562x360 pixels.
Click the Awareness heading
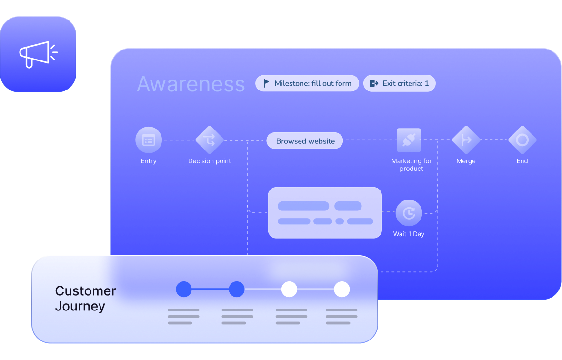coord(191,84)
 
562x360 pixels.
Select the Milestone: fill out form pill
coord(307,83)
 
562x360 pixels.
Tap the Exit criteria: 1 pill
coord(399,83)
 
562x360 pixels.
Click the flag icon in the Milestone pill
coord(267,83)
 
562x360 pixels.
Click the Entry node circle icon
coord(149,140)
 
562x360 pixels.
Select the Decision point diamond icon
coord(210,140)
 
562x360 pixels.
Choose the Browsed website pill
coord(305,141)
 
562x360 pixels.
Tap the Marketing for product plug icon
coord(409,140)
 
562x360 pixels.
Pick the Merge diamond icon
coord(466,140)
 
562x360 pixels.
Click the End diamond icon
coord(522,140)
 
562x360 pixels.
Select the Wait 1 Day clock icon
coord(409,213)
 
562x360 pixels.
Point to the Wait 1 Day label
coord(409,234)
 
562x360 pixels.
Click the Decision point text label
coord(210,161)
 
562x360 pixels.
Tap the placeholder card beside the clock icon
coord(325,213)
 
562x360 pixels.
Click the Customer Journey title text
coord(86,298)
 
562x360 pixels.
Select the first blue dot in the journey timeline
coord(184,289)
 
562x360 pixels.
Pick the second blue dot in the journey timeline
coord(237,289)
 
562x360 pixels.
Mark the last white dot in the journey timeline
coord(342,289)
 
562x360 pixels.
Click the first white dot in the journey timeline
coord(289,289)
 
